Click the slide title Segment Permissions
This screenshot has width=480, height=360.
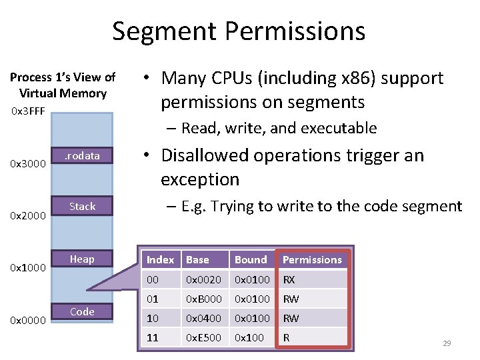(x=239, y=31)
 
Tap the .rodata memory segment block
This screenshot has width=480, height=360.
(x=82, y=156)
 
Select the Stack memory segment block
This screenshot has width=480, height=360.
(x=82, y=207)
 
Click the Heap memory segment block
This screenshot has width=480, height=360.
(x=82, y=259)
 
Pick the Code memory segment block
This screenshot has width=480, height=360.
(x=82, y=311)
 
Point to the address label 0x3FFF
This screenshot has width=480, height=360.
(x=28, y=111)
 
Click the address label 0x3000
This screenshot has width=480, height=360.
(x=28, y=164)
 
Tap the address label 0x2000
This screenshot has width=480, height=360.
(x=28, y=216)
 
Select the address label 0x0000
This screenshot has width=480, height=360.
(x=28, y=321)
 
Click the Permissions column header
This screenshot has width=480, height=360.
(x=312, y=260)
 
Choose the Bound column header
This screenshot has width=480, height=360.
(x=251, y=260)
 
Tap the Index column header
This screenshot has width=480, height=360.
(x=160, y=260)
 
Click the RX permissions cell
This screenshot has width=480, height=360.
(x=289, y=280)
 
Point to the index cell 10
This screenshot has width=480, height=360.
(x=153, y=319)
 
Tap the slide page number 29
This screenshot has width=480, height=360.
(x=447, y=343)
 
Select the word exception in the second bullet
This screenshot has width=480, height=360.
(x=199, y=179)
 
